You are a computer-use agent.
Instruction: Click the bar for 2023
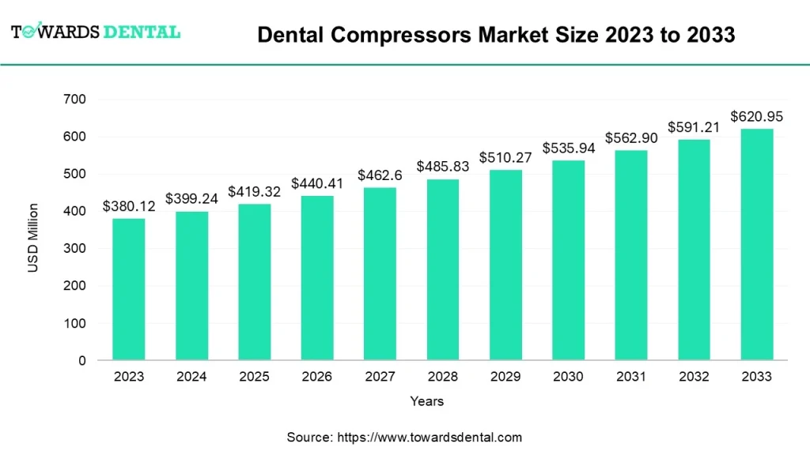[128, 289]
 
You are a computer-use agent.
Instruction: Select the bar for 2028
[443, 269]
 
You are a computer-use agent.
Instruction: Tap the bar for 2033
[757, 244]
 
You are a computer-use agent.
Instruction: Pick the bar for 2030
[568, 260]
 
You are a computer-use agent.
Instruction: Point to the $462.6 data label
[380, 175]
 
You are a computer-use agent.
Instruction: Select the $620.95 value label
[757, 116]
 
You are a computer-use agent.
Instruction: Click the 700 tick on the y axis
[76, 100]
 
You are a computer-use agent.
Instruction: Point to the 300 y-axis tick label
[76, 249]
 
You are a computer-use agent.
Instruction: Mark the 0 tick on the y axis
[82, 361]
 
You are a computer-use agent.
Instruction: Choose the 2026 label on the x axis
[317, 377]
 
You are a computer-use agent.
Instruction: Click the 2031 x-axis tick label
[631, 377]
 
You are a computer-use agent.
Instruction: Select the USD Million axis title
[32, 238]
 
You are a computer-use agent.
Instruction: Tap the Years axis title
[427, 401]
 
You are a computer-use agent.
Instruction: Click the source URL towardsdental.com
[430, 437]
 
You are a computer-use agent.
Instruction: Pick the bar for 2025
[254, 282]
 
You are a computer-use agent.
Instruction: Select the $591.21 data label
[694, 126]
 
